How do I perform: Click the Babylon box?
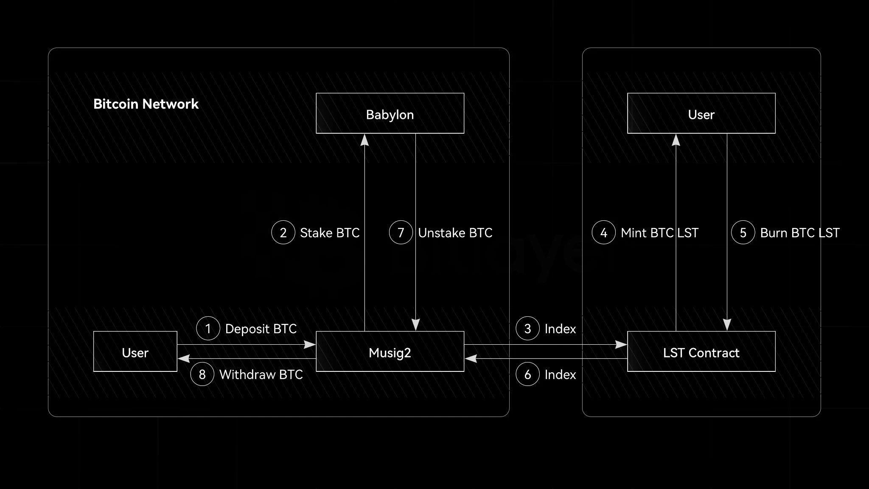[390, 113]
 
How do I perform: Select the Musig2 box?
[390, 351]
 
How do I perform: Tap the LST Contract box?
[701, 351]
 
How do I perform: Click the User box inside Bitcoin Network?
[135, 351]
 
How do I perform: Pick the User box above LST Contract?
[701, 113]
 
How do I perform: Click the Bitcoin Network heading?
[146, 104]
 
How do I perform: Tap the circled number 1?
[208, 329]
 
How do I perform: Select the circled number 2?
[283, 233]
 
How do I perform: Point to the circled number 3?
[527, 329]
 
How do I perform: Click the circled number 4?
[603, 233]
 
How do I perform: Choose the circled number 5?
[743, 233]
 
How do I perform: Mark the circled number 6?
[527, 374]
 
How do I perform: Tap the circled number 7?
[401, 233]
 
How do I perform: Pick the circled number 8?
[202, 374]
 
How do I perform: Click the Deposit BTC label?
[261, 329]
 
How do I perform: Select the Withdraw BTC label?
[261, 375]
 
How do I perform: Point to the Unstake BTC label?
[455, 233]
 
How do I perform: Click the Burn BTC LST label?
[800, 233]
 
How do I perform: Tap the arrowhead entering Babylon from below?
[364, 140]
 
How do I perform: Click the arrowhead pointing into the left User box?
[184, 359]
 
